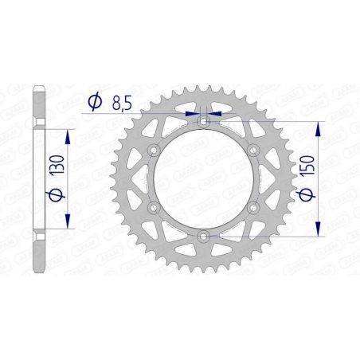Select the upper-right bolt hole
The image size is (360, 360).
[x=254, y=151]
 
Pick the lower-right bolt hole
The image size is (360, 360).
[x=254, y=208]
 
